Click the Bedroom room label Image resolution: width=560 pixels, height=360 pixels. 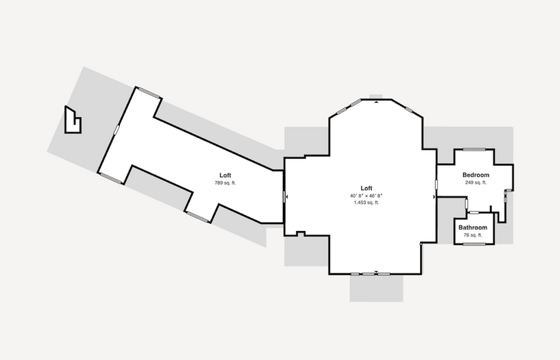(x=475, y=175)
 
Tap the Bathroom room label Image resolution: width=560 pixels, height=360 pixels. (x=473, y=228)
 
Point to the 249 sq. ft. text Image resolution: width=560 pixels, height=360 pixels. (x=475, y=182)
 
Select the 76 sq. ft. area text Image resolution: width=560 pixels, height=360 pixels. (x=473, y=235)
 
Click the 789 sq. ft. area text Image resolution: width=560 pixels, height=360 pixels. (x=225, y=183)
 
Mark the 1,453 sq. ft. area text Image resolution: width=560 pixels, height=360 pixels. (x=367, y=203)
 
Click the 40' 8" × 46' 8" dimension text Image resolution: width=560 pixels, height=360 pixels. (x=367, y=196)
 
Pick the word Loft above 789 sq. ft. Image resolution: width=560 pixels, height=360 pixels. (x=225, y=175)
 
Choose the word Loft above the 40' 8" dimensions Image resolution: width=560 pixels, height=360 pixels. (x=367, y=188)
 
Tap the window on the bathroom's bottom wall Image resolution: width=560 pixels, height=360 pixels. (x=474, y=245)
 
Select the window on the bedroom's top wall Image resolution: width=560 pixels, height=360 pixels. (x=474, y=149)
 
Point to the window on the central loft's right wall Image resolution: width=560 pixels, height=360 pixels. (x=437, y=185)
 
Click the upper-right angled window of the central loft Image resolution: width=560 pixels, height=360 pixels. (x=410, y=110)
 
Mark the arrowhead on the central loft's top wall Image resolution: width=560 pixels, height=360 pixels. (x=376, y=102)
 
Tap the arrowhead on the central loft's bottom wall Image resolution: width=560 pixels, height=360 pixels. (x=376, y=272)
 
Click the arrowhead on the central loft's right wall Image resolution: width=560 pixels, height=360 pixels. (x=435, y=197)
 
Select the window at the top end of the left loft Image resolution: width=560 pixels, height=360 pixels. (x=149, y=92)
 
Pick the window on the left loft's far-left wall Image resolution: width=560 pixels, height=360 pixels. (x=116, y=130)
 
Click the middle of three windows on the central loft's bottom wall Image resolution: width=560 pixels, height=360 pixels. (x=368, y=275)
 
